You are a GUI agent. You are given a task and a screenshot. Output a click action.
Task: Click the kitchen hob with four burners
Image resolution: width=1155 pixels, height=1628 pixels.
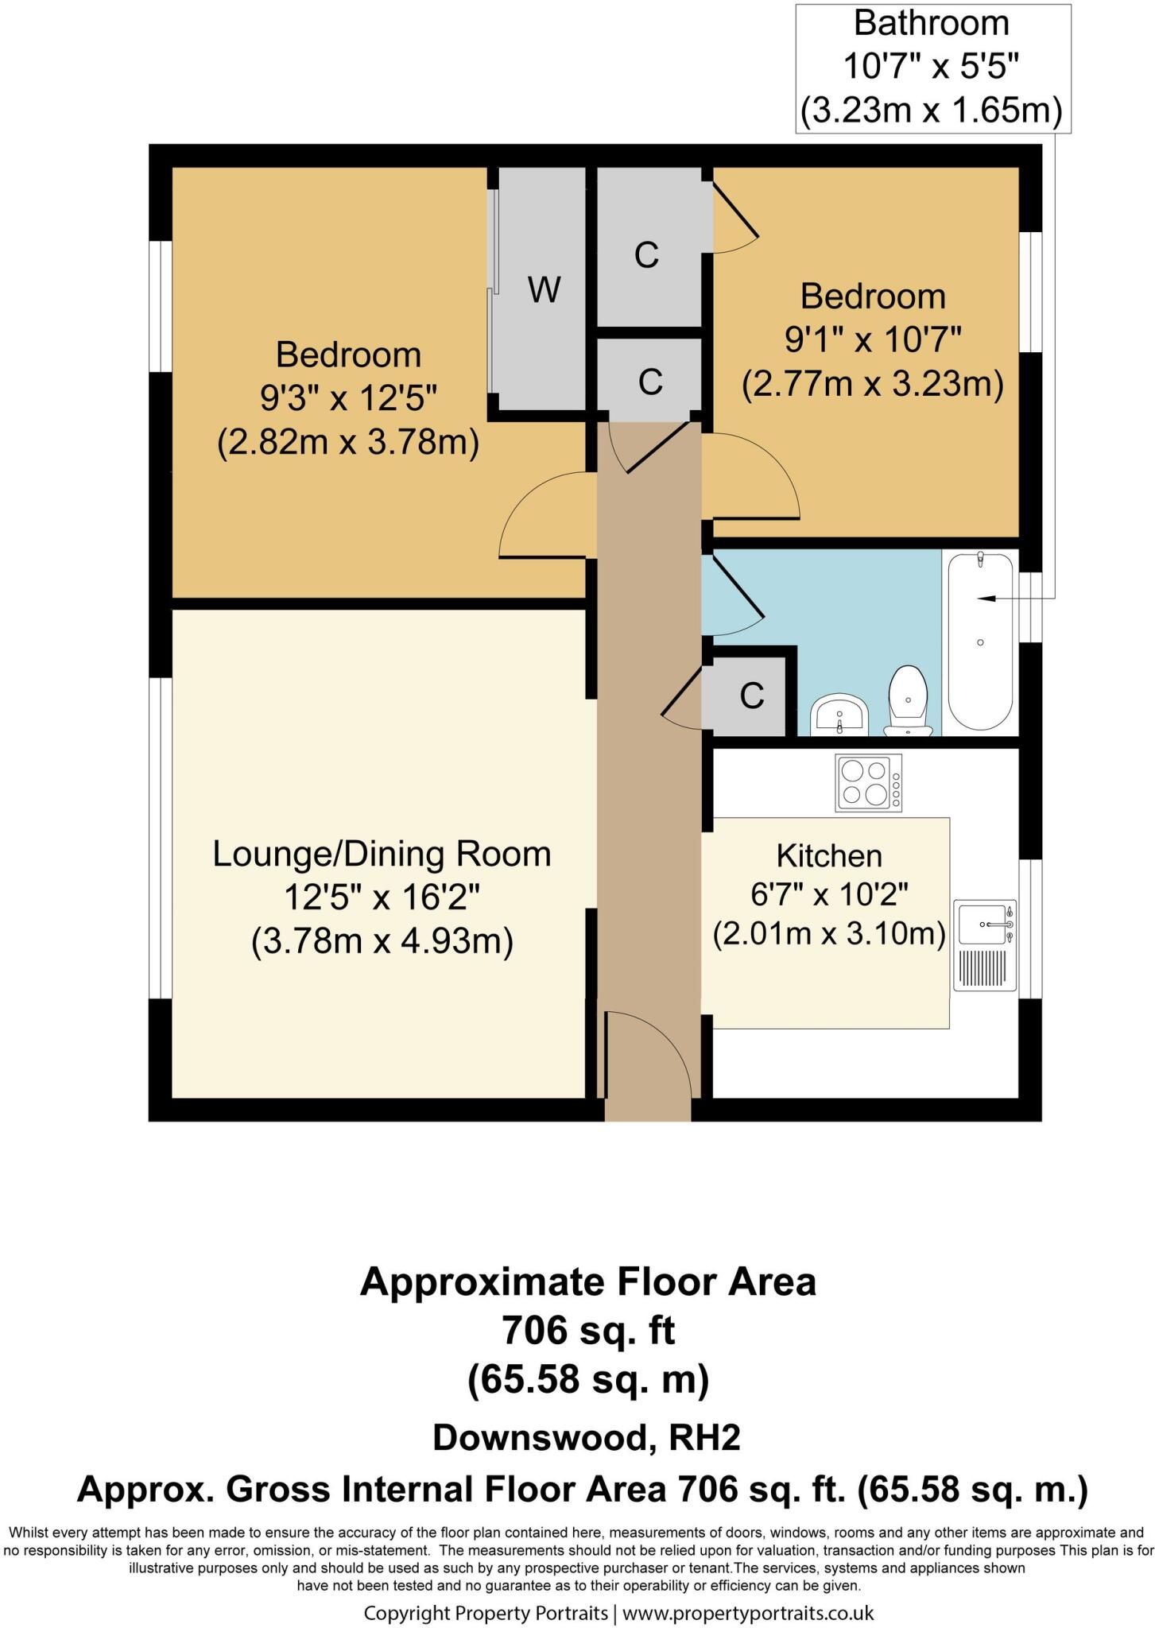869,782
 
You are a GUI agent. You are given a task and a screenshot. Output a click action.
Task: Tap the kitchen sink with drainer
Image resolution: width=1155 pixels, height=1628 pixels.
986,945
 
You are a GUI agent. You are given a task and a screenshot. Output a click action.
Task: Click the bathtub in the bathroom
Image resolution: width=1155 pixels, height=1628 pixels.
980,641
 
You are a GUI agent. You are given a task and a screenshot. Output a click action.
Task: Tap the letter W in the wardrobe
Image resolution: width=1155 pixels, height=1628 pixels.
545,290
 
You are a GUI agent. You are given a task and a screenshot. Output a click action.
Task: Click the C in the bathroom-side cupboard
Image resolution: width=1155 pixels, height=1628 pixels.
752,696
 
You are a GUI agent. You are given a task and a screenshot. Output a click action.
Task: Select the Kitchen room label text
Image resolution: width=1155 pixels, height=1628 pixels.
829,856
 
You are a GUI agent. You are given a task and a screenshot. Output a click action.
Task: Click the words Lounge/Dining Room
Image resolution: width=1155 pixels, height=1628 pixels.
382,855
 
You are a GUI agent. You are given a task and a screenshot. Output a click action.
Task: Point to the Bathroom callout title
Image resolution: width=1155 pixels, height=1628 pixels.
932,23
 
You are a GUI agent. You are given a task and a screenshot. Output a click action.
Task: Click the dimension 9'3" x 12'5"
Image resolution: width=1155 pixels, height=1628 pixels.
349,397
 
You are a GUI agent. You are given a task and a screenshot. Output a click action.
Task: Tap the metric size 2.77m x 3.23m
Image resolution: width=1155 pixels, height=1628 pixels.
873,385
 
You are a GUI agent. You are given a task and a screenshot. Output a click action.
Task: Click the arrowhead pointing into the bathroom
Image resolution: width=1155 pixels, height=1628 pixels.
985,598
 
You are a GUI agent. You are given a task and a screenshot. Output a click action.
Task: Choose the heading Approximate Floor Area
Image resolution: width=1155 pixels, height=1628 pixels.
588,1282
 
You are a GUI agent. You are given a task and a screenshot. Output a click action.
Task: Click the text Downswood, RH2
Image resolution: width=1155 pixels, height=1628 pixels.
587,1437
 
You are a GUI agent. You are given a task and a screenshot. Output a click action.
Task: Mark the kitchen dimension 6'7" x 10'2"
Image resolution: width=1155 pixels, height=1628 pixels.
829,895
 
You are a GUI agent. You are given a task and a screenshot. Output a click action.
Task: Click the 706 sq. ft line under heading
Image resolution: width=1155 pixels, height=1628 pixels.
588,1331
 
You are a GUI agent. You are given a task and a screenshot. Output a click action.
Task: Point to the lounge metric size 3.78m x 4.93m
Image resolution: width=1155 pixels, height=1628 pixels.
382,942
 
